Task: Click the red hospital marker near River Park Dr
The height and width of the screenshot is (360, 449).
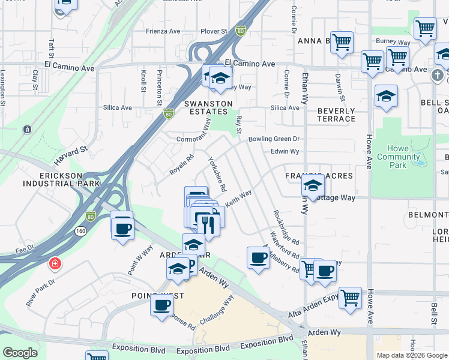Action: [55, 263]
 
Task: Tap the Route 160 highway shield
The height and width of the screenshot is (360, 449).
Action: [80, 230]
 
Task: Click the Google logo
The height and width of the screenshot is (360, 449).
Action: [20, 353]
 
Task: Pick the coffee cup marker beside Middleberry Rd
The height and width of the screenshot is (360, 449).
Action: [258, 258]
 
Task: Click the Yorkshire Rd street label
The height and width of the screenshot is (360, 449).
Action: [216, 174]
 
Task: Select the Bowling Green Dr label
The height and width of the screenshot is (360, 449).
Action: [274, 139]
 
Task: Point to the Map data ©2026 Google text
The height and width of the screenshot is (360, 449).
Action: [411, 355]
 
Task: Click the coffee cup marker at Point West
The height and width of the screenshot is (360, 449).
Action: [161, 305]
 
